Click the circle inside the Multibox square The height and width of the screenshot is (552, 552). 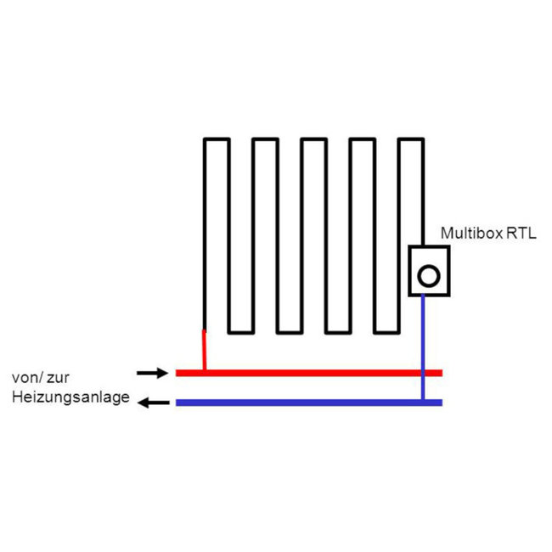(429, 276)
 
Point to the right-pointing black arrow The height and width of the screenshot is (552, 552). (152, 373)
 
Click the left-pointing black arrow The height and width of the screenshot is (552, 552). (154, 403)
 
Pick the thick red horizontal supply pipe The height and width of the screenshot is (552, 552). (309, 373)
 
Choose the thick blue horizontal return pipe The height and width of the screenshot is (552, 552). (309, 403)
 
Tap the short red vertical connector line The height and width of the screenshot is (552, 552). (204, 350)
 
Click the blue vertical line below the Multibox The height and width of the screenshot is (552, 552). (423, 348)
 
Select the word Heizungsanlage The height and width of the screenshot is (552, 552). (70, 397)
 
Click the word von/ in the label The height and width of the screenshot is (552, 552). (28, 378)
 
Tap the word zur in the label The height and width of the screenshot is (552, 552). (58, 378)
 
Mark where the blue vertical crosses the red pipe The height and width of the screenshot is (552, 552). (423, 373)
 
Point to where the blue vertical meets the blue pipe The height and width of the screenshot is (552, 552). (423, 402)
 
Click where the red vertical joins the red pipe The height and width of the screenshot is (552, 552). (205, 370)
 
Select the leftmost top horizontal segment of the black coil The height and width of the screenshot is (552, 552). (217, 139)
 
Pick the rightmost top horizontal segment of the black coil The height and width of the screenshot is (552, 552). (411, 139)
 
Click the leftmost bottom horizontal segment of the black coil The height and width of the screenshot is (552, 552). (241, 332)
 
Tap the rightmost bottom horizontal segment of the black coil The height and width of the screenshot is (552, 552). (386, 332)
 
